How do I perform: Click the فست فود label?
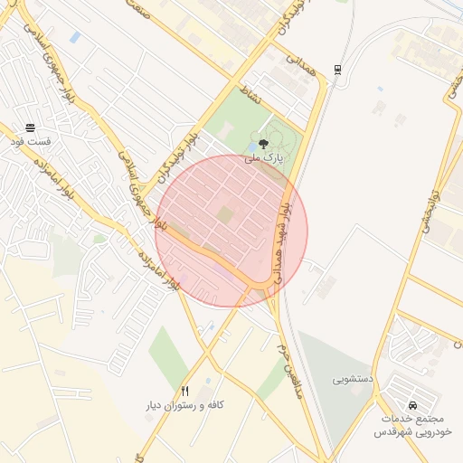click(31, 143)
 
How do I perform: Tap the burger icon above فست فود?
click(31, 128)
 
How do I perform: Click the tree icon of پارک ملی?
click(264, 143)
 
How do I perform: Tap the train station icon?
click(337, 69)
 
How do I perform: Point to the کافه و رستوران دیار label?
click(184, 406)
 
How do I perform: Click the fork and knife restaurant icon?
click(184, 392)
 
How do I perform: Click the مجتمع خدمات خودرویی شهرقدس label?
click(412, 426)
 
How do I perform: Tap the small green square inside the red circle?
click(224, 214)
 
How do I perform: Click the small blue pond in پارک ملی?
click(250, 147)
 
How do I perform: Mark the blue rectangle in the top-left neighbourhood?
click(74, 37)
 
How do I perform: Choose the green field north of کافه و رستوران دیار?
click(168, 353)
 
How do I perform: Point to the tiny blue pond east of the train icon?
click(379, 89)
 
